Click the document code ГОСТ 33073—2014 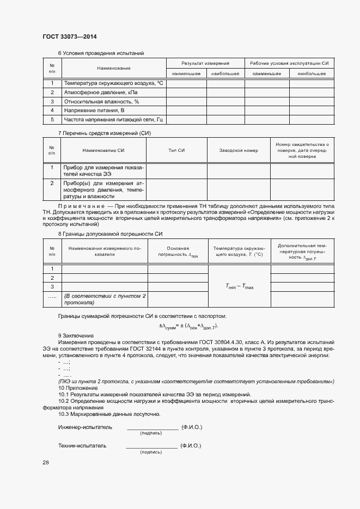click(x=69, y=37)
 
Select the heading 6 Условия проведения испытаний click(x=101, y=53)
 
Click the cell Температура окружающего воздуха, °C click(x=114, y=83)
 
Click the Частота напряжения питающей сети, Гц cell click(x=114, y=119)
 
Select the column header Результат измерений click(x=205, y=64)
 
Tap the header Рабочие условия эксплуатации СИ click(x=289, y=64)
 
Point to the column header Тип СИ click(x=177, y=150)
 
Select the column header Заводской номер click(x=239, y=150)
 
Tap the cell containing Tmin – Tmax click(x=240, y=286)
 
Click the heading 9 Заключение click(x=76, y=335)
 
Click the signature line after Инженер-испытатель click(x=152, y=429)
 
